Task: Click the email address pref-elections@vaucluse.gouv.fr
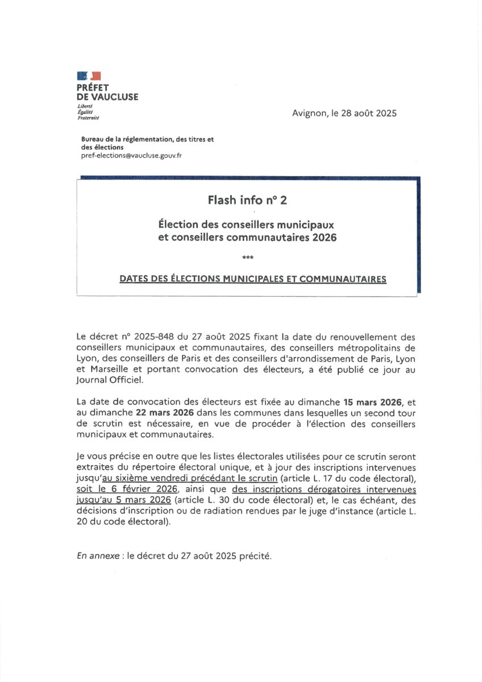coord(132,155)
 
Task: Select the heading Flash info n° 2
coord(247,200)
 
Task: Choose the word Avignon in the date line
coord(309,113)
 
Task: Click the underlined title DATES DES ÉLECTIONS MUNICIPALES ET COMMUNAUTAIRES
coord(253,279)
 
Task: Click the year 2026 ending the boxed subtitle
coord(324,238)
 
